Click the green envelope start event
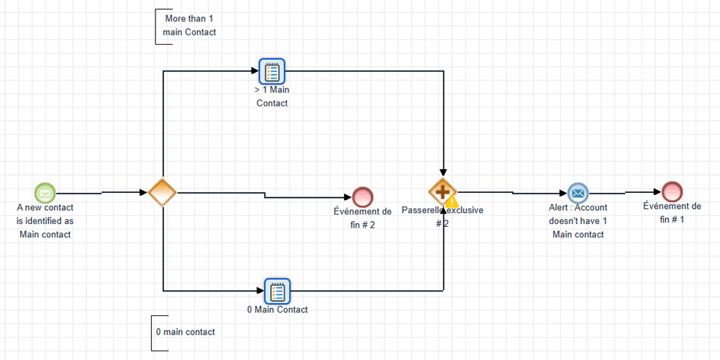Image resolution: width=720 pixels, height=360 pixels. pos(45,193)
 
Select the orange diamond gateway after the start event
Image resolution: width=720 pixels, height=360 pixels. pos(162,192)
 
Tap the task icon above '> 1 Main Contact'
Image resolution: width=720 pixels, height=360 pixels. pos(272,71)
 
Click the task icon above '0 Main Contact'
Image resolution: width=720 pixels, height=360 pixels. pos(276,291)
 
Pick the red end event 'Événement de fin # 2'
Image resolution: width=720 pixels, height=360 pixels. pos(363,197)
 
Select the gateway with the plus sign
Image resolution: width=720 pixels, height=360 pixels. pos(442,192)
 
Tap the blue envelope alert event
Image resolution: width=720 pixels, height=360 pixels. pos(577,193)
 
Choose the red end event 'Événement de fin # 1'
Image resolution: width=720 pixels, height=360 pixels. pos(672,192)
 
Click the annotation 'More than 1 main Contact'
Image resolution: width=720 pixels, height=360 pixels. pos(189,25)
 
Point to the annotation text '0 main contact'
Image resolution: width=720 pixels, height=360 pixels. pos(185,332)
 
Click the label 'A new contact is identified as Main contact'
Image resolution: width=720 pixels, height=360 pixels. pos(45,221)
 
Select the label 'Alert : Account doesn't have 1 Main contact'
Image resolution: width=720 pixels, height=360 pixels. pos(578,220)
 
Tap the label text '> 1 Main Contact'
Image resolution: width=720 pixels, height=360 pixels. pos(272,96)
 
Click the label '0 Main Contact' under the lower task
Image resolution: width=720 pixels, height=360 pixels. pos(276,310)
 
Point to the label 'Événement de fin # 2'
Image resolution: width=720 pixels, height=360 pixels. pos(363,218)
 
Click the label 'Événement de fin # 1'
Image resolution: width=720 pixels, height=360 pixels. pos(672,213)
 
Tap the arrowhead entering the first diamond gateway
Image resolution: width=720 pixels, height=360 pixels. pos(143,192)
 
